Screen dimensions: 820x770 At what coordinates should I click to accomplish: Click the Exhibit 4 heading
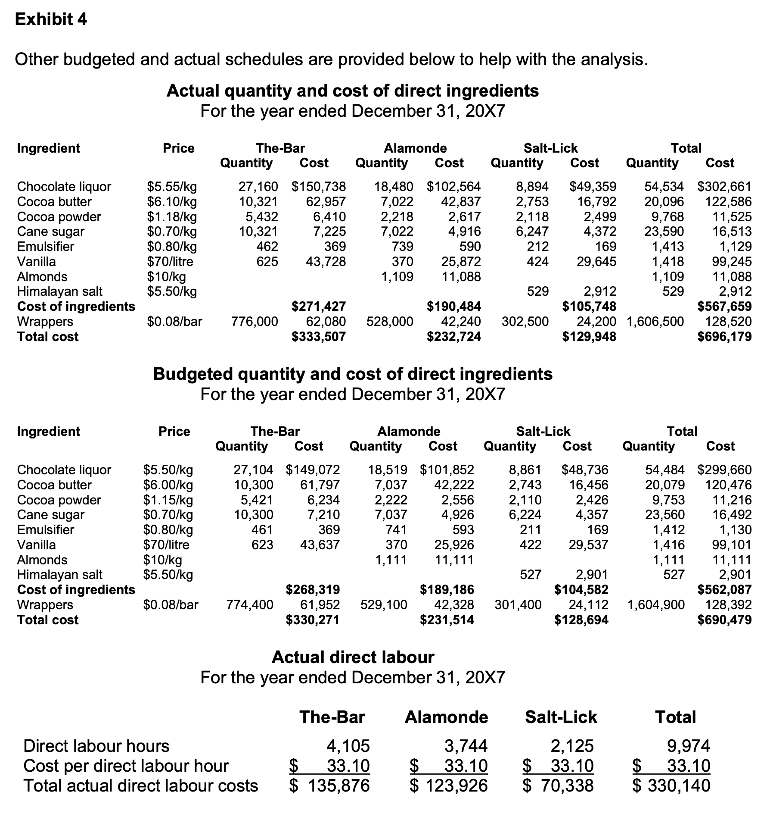(51, 19)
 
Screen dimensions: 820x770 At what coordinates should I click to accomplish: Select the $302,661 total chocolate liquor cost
(724, 187)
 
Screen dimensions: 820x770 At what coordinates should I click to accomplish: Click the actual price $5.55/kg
(172, 187)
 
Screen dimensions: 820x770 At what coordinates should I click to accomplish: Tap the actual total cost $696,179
(724, 337)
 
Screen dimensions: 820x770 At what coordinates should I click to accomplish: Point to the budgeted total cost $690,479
(724, 620)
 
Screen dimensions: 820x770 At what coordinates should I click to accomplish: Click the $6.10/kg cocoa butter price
(172, 202)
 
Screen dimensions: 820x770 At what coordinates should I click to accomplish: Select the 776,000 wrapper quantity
(255, 322)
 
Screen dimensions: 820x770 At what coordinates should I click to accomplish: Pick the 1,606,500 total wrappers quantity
(655, 322)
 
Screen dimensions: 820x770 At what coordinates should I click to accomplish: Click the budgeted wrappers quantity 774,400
(250, 605)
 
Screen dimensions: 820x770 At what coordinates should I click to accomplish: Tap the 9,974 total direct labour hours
(688, 746)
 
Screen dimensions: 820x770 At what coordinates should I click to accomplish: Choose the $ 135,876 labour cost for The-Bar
(329, 786)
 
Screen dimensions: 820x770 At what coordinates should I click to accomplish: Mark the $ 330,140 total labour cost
(671, 786)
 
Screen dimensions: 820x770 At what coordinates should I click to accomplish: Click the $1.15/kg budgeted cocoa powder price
(168, 500)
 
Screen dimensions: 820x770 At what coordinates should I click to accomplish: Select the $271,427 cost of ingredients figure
(319, 307)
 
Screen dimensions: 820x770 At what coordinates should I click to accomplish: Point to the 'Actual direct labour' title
(353, 657)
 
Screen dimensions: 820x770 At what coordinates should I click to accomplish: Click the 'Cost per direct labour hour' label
(126, 766)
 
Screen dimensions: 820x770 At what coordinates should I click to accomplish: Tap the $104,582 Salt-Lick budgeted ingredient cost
(581, 590)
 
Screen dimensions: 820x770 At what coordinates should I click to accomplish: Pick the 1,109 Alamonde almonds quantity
(397, 277)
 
